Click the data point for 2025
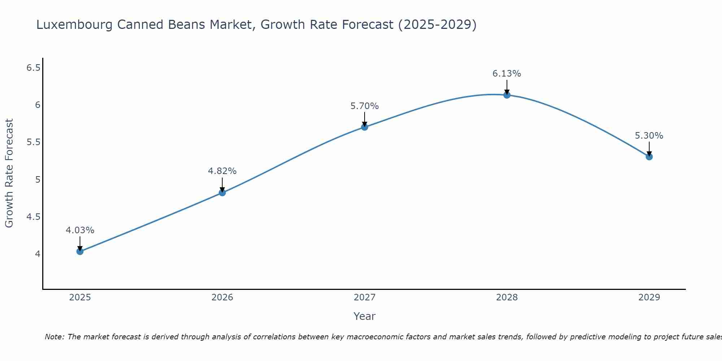(80, 251)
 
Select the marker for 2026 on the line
(222, 193)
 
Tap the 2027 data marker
(365, 127)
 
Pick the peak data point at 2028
(507, 95)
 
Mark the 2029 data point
(649, 157)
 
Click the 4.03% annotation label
(80, 230)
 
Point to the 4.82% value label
(222, 171)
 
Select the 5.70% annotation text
(365, 106)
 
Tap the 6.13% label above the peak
(507, 74)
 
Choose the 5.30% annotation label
(649, 136)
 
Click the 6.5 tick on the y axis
(34, 68)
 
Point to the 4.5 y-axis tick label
(34, 217)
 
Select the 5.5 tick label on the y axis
(34, 142)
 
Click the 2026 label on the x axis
(222, 297)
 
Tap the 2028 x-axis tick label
(507, 297)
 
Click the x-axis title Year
(365, 316)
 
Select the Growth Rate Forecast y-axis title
(9, 173)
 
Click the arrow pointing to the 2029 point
(649, 149)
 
